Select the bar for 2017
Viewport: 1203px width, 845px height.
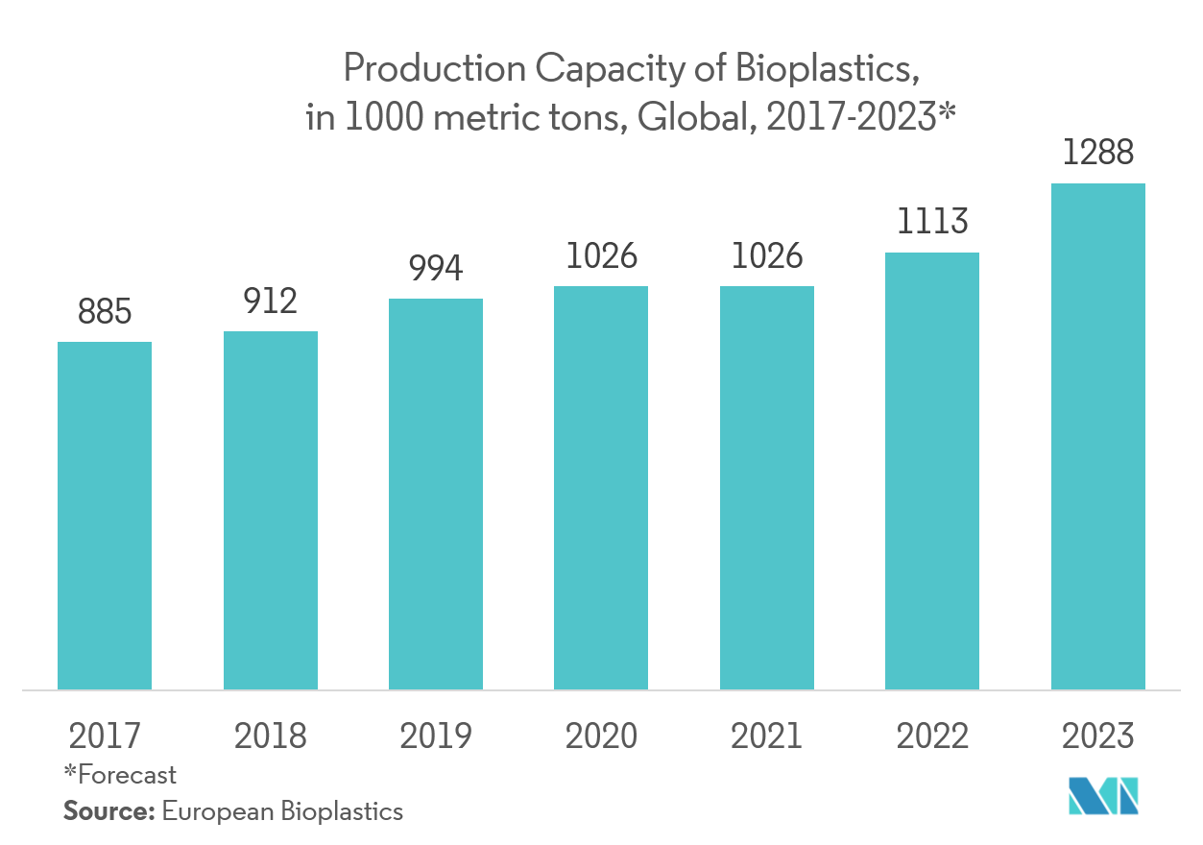[x=105, y=516]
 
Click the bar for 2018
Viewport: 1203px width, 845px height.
[x=271, y=510]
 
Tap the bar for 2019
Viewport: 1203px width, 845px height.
[x=436, y=494]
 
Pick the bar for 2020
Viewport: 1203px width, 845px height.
[x=601, y=488]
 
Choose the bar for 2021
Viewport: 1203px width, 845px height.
[x=767, y=488]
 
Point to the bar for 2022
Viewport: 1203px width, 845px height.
[x=932, y=471]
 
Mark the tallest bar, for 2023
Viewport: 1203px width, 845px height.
[x=1098, y=436]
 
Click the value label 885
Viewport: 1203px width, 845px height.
[x=105, y=313]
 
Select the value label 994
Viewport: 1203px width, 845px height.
[x=436, y=269]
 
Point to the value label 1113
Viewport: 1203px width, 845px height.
[x=932, y=223]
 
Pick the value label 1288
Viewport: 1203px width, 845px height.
[x=1098, y=154]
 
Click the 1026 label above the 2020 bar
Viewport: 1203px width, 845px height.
[x=601, y=257]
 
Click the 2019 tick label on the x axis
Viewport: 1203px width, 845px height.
[x=436, y=736]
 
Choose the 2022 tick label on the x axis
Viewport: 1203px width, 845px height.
[x=932, y=736]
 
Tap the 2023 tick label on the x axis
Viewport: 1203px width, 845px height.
[x=1098, y=736]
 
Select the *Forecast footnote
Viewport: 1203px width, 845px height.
[x=121, y=774]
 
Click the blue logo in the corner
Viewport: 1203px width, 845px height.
[x=1103, y=796]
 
